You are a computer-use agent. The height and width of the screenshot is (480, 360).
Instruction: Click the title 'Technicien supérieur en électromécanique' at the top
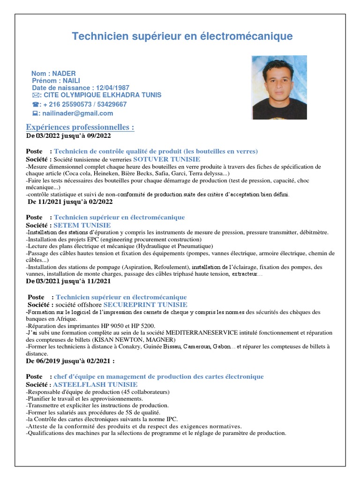coord(182,37)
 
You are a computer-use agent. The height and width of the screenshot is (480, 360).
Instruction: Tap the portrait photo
coord(279,87)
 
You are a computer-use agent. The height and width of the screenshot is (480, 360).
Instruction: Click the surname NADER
coord(64,74)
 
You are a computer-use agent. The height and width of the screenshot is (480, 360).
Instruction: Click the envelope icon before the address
coord(36,95)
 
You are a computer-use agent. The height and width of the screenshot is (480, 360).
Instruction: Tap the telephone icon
coord(35,105)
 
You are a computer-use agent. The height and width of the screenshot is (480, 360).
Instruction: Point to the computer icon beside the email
coord(35,113)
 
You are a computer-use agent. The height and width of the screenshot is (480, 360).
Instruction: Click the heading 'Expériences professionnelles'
coord(80,127)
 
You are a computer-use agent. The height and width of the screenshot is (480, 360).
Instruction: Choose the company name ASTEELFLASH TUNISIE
coord(95,384)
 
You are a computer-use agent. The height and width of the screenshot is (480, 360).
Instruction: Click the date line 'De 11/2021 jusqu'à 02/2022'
coord(70,202)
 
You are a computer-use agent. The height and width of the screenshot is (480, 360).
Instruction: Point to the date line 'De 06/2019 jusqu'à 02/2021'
coord(70,361)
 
